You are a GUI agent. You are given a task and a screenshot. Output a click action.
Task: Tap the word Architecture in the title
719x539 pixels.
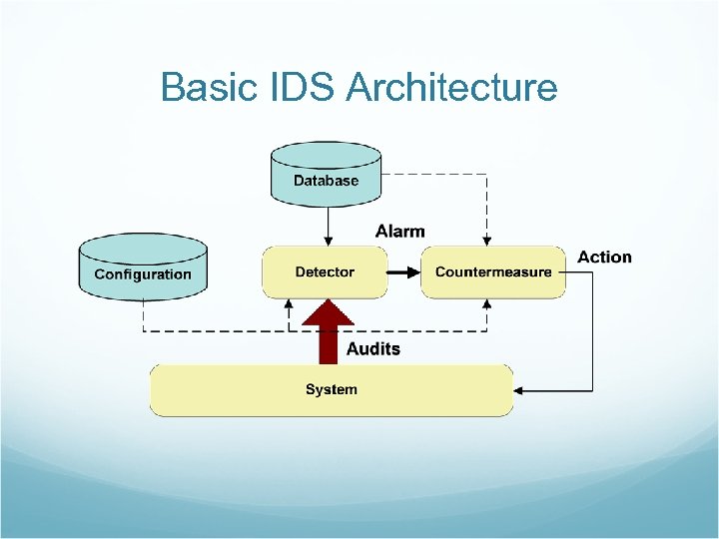pos(451,88)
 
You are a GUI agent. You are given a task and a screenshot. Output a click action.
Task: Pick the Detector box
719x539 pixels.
pos(325,271)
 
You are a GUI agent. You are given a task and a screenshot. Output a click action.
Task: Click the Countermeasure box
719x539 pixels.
pos(493,271)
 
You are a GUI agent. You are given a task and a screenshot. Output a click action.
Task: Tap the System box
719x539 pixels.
pos(332,389)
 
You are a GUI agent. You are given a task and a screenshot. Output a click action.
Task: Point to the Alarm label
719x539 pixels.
pos(399,231)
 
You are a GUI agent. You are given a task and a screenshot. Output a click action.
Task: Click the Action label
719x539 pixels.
pos(604,257)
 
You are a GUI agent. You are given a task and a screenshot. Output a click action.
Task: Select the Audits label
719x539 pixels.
pos(372,348)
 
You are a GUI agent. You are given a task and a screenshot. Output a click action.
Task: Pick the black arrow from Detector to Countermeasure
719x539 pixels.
pos(403,271)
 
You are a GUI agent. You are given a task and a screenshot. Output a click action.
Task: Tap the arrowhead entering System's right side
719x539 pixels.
pos(520,389)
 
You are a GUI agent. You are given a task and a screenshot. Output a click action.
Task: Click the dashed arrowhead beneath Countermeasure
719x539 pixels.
pos(486,302)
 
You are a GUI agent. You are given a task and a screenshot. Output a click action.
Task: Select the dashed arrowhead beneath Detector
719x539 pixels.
pos(288,302)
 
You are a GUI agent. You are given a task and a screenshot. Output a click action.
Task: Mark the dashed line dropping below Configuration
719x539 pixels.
pos(144,315)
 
